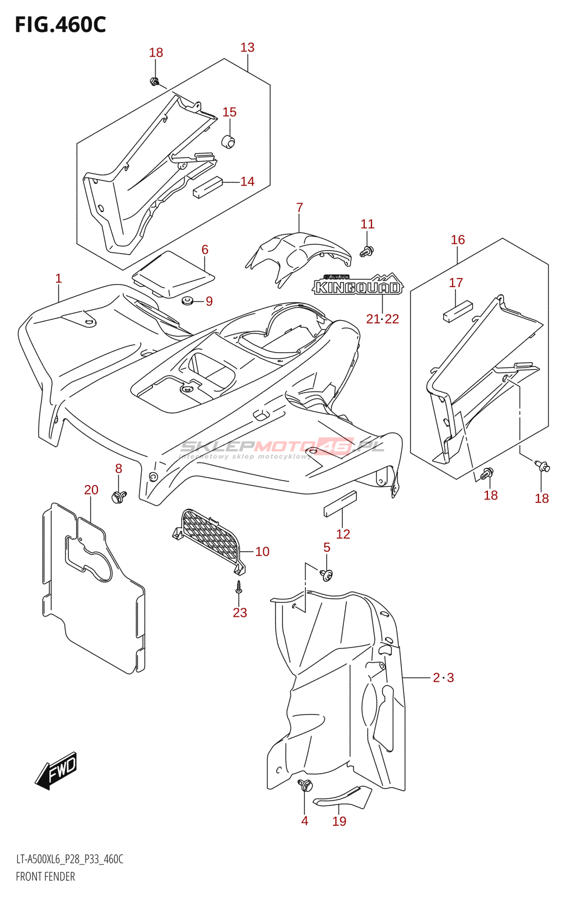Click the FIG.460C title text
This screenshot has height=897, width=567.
point(60,25)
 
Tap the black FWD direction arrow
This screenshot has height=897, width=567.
point(56,770)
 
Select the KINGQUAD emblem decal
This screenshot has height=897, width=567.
point(357,286)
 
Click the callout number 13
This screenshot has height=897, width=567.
point(247,48)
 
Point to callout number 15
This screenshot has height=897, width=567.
point(229,112)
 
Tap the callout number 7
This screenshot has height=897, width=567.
point(300,208)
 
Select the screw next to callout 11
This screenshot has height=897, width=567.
point(367,251)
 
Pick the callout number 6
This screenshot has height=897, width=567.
point(205,249)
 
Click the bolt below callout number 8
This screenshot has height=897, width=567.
point(119,496)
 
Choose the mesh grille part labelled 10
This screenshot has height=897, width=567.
point(210,535)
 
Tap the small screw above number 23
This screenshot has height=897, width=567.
point(239,587)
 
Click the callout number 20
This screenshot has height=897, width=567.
point(91,490)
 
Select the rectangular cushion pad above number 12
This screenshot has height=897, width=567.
point(340,503)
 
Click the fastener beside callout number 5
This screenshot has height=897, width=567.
point(326,574)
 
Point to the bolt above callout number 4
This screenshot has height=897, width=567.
point(305,785)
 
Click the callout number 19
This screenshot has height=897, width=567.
point(340,821)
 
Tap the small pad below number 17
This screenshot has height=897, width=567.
point(458,312)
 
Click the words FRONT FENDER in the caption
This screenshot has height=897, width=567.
point(45,877)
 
